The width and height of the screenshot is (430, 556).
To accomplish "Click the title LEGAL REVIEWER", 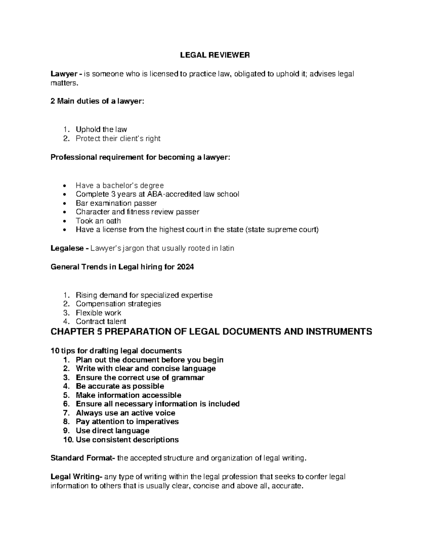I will coord(215,55).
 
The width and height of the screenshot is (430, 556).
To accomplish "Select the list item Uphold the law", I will coord(101,129).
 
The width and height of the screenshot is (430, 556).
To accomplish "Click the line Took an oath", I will coord(98,221).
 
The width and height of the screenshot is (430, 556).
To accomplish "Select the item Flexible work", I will coord(98,313).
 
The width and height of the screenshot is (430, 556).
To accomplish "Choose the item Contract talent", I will coord(101,321).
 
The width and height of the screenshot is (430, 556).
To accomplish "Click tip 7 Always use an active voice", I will coord(125,413).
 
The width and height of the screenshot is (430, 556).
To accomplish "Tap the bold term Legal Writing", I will coord(76,477).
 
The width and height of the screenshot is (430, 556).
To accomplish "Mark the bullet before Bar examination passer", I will coord(64,203).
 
